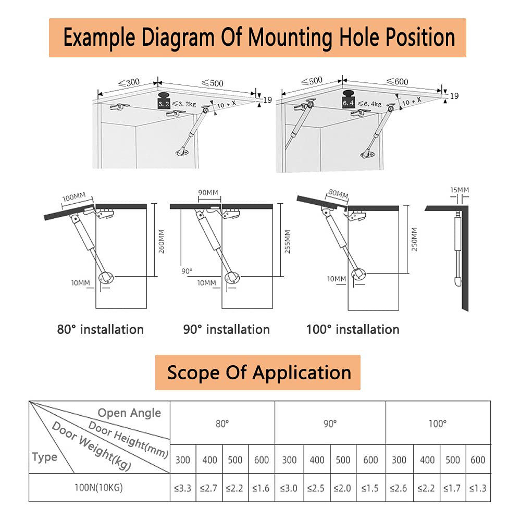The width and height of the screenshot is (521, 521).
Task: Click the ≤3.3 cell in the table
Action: tap(183, 488)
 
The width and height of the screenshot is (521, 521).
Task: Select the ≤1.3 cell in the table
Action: tap(478, 488)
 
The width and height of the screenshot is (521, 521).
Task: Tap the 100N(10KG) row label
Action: tap(100, 488)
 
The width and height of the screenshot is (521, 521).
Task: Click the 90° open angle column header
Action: tap(330, 424)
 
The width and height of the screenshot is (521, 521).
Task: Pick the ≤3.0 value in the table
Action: tap(289, 488)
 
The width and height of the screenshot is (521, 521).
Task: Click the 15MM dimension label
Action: tap(460, 190)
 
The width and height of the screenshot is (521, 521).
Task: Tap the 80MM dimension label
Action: tap(338, 195)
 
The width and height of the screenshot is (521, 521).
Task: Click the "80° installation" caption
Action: tap(100, 329)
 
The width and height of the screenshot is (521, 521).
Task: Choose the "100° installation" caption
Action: tap(353, 329)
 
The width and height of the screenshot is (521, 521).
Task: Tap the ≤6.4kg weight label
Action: tap(369, 104)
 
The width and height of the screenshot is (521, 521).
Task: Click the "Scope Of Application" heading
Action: tap(258, 373)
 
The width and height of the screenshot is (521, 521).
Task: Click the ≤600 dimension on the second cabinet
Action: tap(397, 81)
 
